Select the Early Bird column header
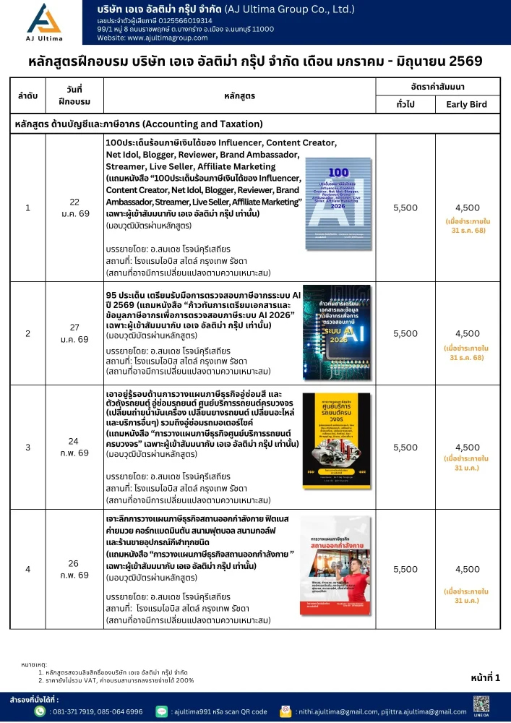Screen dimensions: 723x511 point(466,105)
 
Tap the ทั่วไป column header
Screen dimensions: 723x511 point(405,105)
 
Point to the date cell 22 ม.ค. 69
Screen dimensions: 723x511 point(74,208)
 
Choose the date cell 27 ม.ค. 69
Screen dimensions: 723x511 point(74,333)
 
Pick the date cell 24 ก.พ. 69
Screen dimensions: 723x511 point(74,448)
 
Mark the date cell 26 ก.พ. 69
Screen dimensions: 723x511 point(74,569)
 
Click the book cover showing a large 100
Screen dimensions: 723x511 point(338,206)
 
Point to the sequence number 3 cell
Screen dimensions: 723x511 point(27,448)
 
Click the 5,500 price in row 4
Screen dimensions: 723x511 point(405,569)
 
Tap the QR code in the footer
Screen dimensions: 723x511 point(482,703)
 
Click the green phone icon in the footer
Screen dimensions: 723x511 point(40,711)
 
